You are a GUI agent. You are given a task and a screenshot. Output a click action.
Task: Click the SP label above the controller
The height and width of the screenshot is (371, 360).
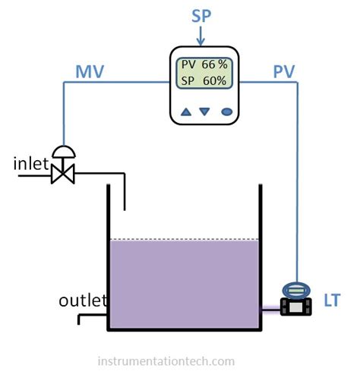pos(201,16)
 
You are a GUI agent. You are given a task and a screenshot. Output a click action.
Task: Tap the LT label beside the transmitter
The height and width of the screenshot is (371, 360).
pos(332,302)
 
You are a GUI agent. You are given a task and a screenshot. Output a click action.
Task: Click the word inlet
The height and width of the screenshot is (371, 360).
pos(31,163)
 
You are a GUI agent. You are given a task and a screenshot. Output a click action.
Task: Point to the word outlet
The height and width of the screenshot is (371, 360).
pos(83,301)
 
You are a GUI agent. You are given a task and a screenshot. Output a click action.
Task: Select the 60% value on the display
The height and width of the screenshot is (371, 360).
pos(215,81)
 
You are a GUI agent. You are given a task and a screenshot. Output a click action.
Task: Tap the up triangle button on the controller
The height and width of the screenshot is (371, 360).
pos(185,112)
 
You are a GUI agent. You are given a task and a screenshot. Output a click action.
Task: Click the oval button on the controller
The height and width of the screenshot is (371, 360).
pos(226,112)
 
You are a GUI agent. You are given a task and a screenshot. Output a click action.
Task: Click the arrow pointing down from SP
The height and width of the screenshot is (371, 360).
pos(201,36)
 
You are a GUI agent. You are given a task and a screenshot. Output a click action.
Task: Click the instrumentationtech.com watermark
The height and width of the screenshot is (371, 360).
pos(166,361)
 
